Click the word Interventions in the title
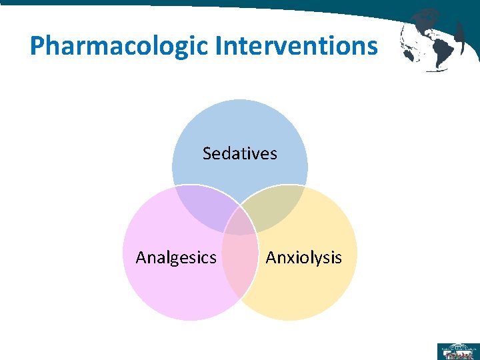[295, 45]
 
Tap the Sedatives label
[239, 153]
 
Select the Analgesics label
[176, 257]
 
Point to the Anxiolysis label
[303, 257]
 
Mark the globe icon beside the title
[433, 40]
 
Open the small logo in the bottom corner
[457, 351]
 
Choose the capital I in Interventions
[219, 45]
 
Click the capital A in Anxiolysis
[271, 257]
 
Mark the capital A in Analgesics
[141, 257]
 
